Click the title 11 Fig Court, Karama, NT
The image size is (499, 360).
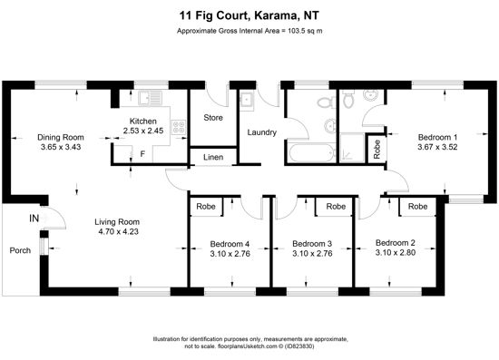(x=249, y=15)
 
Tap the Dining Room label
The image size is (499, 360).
(x=61, y=138)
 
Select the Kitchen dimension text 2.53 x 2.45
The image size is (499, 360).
(x=143, y=131)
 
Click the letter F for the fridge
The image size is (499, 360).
(x=142, y=154)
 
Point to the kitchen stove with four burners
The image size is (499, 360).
(x=179, y=127)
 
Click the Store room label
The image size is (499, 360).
(x=213, y=118)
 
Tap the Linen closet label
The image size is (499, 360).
(x=213, y=157)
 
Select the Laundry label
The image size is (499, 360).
(x=262, y=132)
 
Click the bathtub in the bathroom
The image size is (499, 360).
(x=311, y=153)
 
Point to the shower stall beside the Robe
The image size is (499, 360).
(x=352, y=148)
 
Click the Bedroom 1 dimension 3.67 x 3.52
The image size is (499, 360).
(x=437, y=147)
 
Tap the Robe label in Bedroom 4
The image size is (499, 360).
(x=206, y=207)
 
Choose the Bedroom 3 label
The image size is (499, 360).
(x=312, y=244)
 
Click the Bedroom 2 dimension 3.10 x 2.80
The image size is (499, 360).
(x=396, y=252)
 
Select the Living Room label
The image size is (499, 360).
(x=117, y=222)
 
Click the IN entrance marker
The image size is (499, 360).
(x=34, y=219)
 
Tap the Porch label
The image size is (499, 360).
(x=20, y=250)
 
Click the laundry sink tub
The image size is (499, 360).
(x=247, y=102)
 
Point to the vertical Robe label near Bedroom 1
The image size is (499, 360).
(x=377, y=150)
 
